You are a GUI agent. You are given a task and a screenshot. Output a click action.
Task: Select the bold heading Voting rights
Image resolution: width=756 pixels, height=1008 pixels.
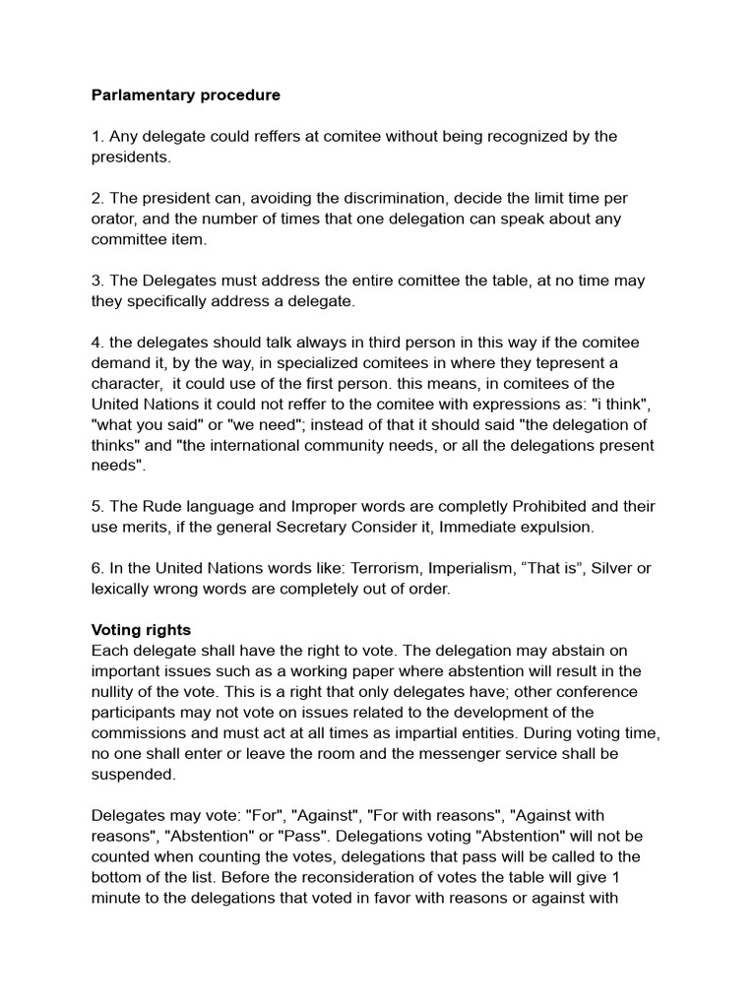pyautogui.click(x=141, y=630)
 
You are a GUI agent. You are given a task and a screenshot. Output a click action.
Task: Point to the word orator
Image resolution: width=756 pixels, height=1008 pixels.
pyautogui.click(x=114, y=219)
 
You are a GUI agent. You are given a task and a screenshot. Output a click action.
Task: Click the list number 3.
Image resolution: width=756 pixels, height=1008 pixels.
pyautogui.click(x=96, y=281)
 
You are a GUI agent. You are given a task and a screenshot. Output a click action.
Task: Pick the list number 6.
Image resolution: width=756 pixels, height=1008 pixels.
pyautogui.click(x=96, y=569)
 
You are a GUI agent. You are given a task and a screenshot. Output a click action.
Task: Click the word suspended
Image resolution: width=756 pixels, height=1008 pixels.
pyautogui.click(x=133, y=775)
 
